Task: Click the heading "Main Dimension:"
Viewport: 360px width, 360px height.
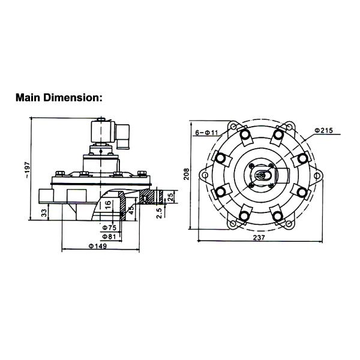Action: pos(59,98)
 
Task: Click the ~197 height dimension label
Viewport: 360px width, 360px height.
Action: pos(28,170)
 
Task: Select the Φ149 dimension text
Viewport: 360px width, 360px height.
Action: pos(98,247)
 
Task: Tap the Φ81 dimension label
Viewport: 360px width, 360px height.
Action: pos(109,236)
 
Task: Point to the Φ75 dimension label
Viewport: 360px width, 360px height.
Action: pos(109,227)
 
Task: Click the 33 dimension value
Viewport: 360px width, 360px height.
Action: pos(44,213)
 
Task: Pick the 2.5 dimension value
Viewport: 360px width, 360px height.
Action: pos(159,212)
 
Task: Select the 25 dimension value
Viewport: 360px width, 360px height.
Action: pos(170,197)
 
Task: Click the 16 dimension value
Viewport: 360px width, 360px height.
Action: pos(108,205)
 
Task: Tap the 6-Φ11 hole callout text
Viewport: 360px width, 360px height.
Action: pos(206,133)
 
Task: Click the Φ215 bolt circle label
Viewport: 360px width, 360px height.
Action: pos(323,130)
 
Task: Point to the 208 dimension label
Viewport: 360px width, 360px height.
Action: pos(187,174)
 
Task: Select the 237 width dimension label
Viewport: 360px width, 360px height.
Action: pos(259,238)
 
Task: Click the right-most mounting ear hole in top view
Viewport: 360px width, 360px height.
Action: pos(317,176)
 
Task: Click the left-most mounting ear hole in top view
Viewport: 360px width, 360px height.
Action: pos(205,175)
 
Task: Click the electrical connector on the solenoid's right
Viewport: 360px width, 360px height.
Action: pos(123,137)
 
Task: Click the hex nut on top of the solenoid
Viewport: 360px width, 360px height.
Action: pos(101,119)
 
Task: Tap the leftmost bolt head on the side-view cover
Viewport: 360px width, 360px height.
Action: pos(59,173)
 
